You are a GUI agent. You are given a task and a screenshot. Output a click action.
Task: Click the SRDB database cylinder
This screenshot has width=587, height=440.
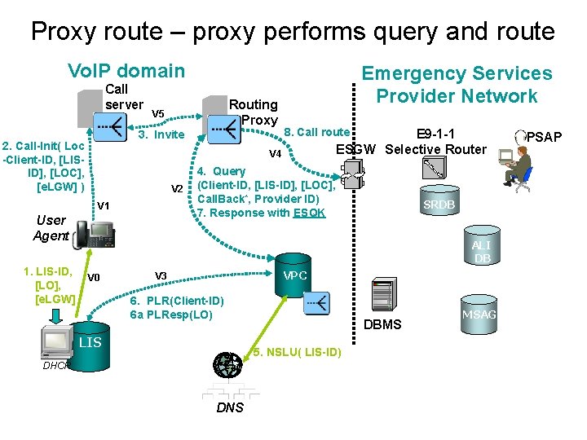click(x=439, y=204)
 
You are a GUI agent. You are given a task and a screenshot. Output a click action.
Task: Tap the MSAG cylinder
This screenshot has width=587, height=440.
click(x=479, y=315)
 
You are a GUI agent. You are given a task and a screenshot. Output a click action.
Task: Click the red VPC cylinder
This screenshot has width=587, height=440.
click(x=294, y=276)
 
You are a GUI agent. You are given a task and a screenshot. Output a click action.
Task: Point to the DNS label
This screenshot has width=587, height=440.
click(x=230, y=407)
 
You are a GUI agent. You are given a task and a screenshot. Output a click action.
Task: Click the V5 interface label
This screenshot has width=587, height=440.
click(x=158, y=113)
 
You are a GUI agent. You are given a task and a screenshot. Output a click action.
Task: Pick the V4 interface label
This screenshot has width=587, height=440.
click(x=275, y=154)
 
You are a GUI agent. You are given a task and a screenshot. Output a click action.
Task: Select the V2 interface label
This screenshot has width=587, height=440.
click(x=176, y=189)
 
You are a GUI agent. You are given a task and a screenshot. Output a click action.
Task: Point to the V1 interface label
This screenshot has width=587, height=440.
click(x=104, y=205)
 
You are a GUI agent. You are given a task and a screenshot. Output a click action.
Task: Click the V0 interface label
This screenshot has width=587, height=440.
click(x=94, y=277)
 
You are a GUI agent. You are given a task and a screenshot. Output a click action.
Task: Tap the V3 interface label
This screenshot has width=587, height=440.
click(x=161, y=276)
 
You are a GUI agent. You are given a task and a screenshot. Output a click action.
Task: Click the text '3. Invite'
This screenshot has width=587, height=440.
click(x=161, y=134)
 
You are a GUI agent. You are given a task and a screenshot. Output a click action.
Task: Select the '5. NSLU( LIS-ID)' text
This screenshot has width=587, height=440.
click(x=296, y=352)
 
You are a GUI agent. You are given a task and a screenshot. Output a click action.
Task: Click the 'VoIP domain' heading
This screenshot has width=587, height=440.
click(x=126, y=71)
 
